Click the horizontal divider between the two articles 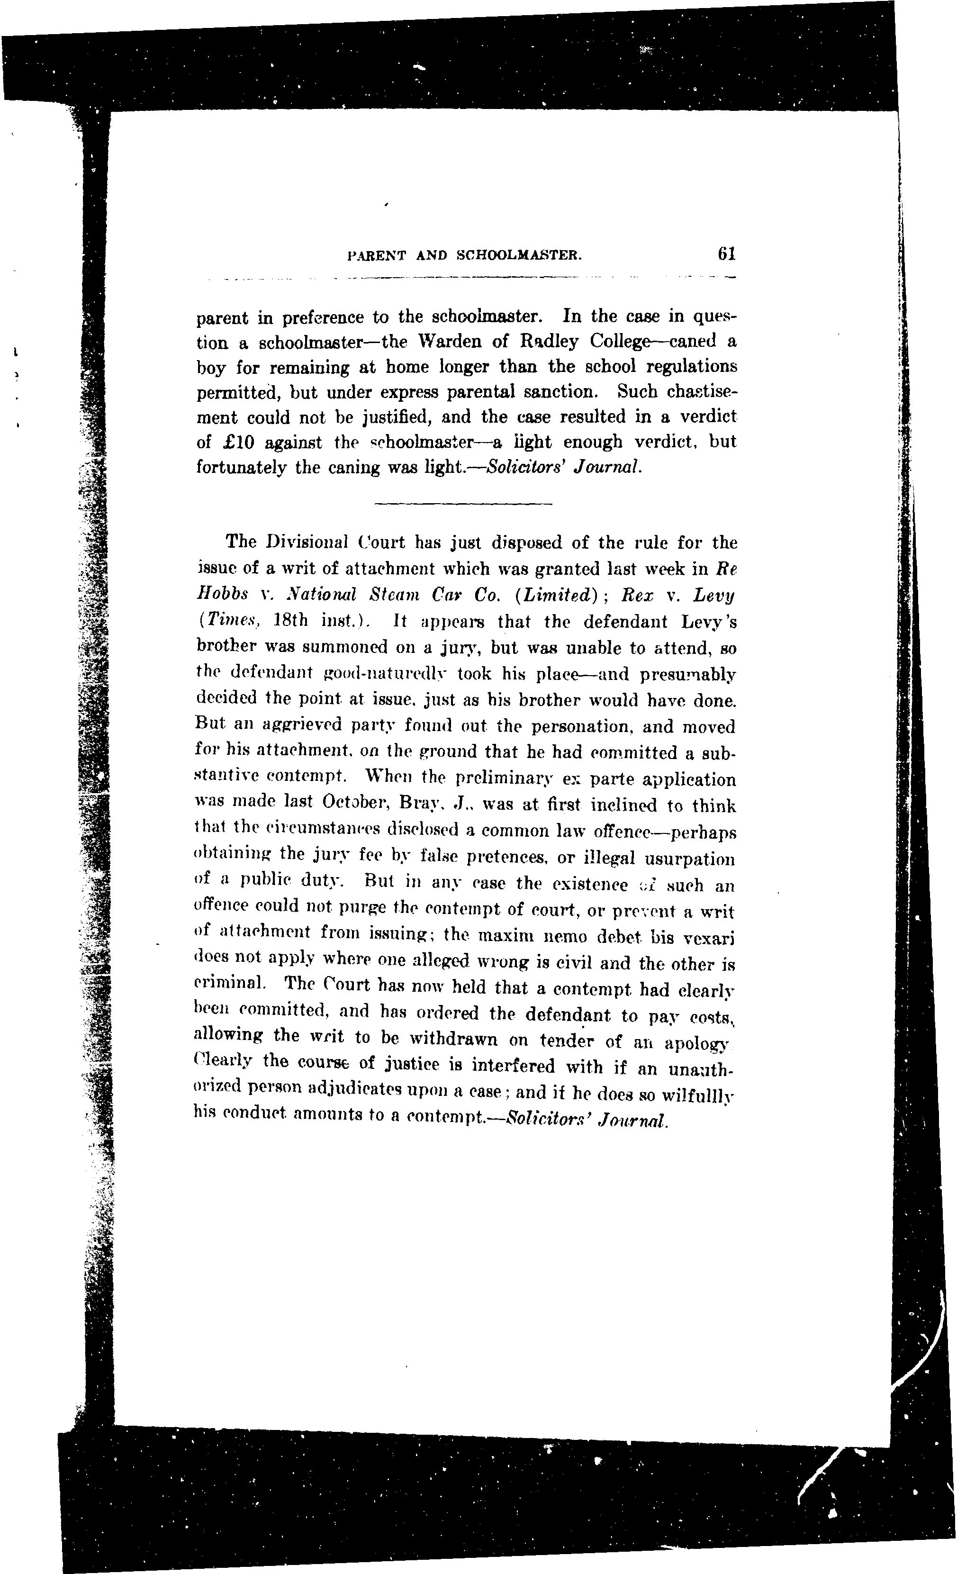coord(462,505)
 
